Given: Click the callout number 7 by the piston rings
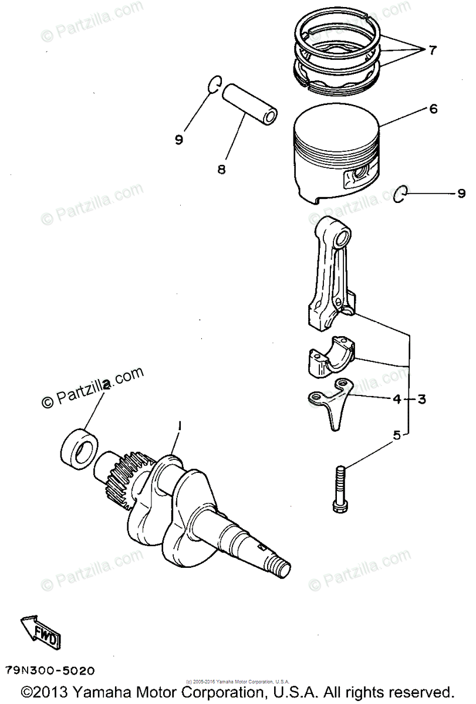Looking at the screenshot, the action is [432, 50].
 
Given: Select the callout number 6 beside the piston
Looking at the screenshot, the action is [433, 109].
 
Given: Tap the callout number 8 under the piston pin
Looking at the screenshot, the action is [221, 170].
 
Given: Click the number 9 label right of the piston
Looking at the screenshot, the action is [461, 193].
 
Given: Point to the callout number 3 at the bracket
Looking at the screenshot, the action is [421, 400].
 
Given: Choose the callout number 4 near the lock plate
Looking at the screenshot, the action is [397, 400].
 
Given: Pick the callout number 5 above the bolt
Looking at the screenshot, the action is [397, 435].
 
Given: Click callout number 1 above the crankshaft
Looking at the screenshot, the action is [180, 425].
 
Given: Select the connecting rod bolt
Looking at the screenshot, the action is [342, 488].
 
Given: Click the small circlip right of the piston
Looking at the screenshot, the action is [400, 194].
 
